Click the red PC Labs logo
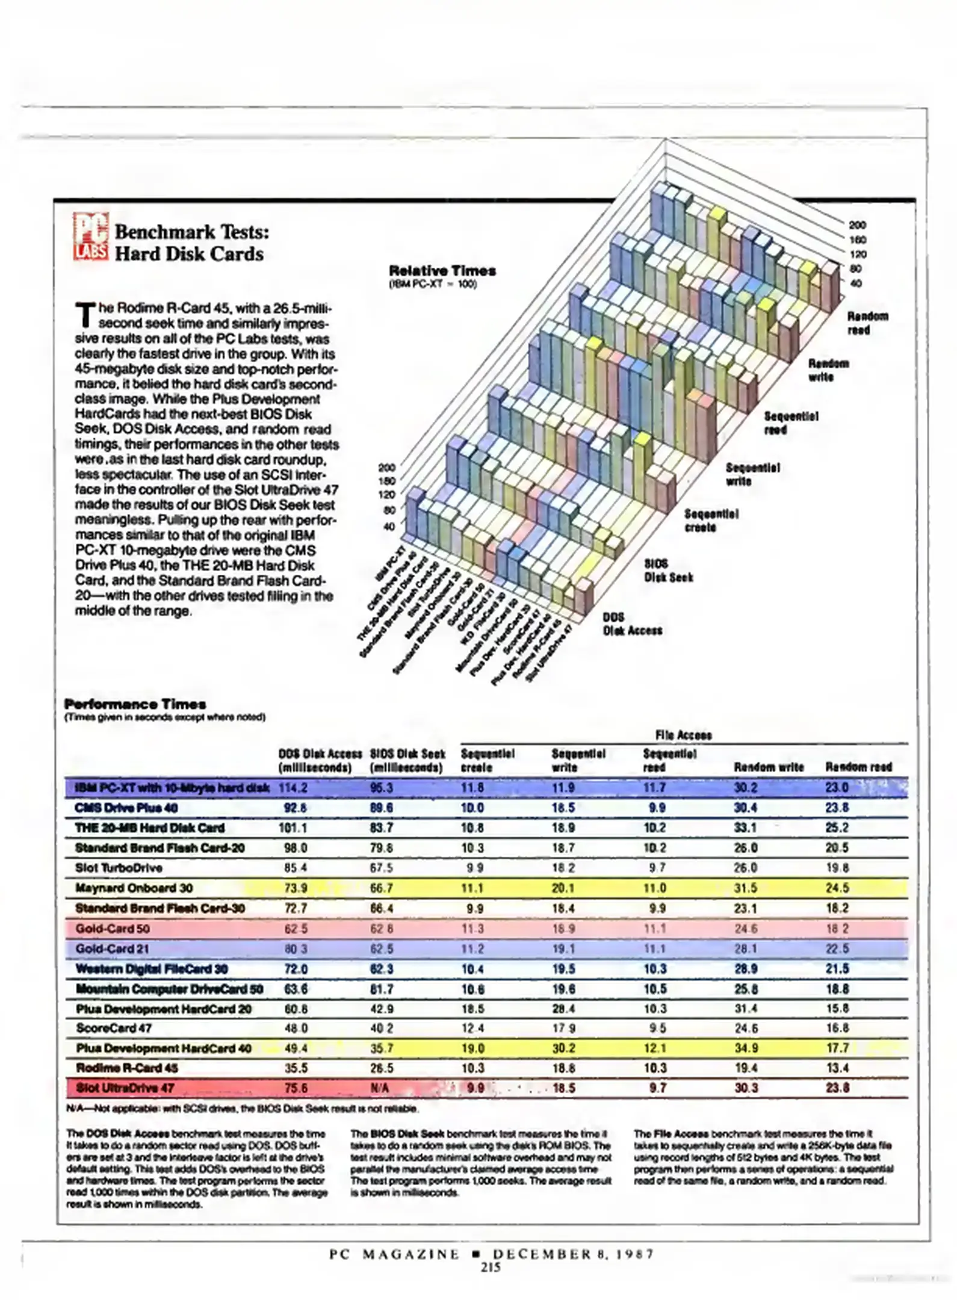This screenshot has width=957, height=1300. point(91,235)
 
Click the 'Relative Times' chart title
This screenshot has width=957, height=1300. point(442,271)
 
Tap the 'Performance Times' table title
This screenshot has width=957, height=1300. point(135,704)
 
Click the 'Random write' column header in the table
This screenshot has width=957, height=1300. point(769,767)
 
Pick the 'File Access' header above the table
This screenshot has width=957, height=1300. point(683,735)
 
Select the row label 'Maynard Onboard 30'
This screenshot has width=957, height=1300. point(134,888)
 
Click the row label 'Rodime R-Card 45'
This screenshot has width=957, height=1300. point(127,1068)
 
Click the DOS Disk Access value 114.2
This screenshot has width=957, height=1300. point(293,788)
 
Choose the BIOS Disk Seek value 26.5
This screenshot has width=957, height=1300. point(382,1068)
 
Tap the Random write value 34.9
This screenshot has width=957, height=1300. point(746,1048)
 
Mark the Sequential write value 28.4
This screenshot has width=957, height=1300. point(563,1009)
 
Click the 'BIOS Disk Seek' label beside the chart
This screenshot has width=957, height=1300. point(668,571)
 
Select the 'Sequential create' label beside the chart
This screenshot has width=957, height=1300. point(711,521)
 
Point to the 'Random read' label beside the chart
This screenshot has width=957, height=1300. point(867,323)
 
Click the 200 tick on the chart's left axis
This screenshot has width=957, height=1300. point(386,468)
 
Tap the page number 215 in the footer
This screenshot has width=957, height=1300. point(491,1267)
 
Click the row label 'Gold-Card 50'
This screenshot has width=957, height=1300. point(113,929)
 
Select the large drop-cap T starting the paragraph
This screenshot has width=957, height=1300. point(85,316)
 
